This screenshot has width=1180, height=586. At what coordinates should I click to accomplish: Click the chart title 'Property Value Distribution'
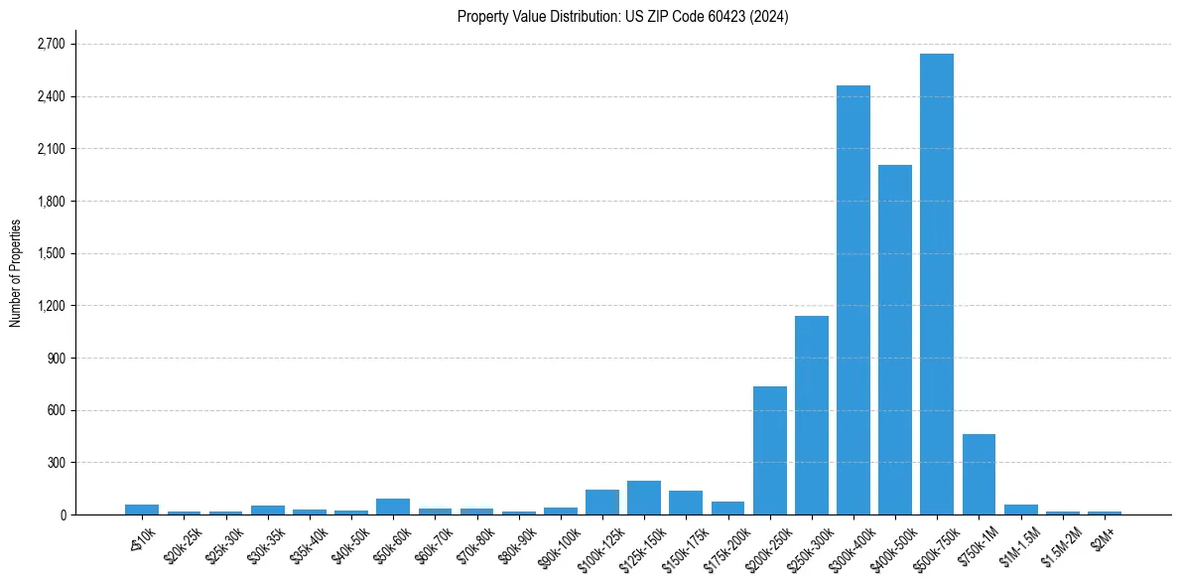click(622, 17)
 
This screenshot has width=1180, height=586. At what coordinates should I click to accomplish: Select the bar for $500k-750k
click(936, 284)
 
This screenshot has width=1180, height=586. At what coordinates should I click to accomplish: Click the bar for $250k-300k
click(811, 415)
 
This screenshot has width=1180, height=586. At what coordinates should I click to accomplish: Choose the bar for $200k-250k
click(769, 450)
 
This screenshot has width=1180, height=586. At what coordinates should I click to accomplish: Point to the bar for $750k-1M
click(979, 474)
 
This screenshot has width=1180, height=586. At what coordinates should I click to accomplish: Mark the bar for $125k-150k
click(644, 498)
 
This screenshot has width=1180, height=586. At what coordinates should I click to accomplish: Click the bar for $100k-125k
click(602, 502)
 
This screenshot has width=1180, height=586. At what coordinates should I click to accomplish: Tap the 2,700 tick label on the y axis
click(50, 45)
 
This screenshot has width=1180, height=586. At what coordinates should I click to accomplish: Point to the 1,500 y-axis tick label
click(50, 253)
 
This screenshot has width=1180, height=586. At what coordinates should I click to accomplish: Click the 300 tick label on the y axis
click(56, 463)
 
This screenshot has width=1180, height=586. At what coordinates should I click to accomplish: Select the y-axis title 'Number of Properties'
click(16, 273)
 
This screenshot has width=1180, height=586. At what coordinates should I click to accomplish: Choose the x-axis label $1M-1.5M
click(1018, 544)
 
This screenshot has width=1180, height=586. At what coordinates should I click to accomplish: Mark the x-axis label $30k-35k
click(266, 544)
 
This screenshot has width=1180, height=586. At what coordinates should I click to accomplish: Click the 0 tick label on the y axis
click(62, 514)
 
